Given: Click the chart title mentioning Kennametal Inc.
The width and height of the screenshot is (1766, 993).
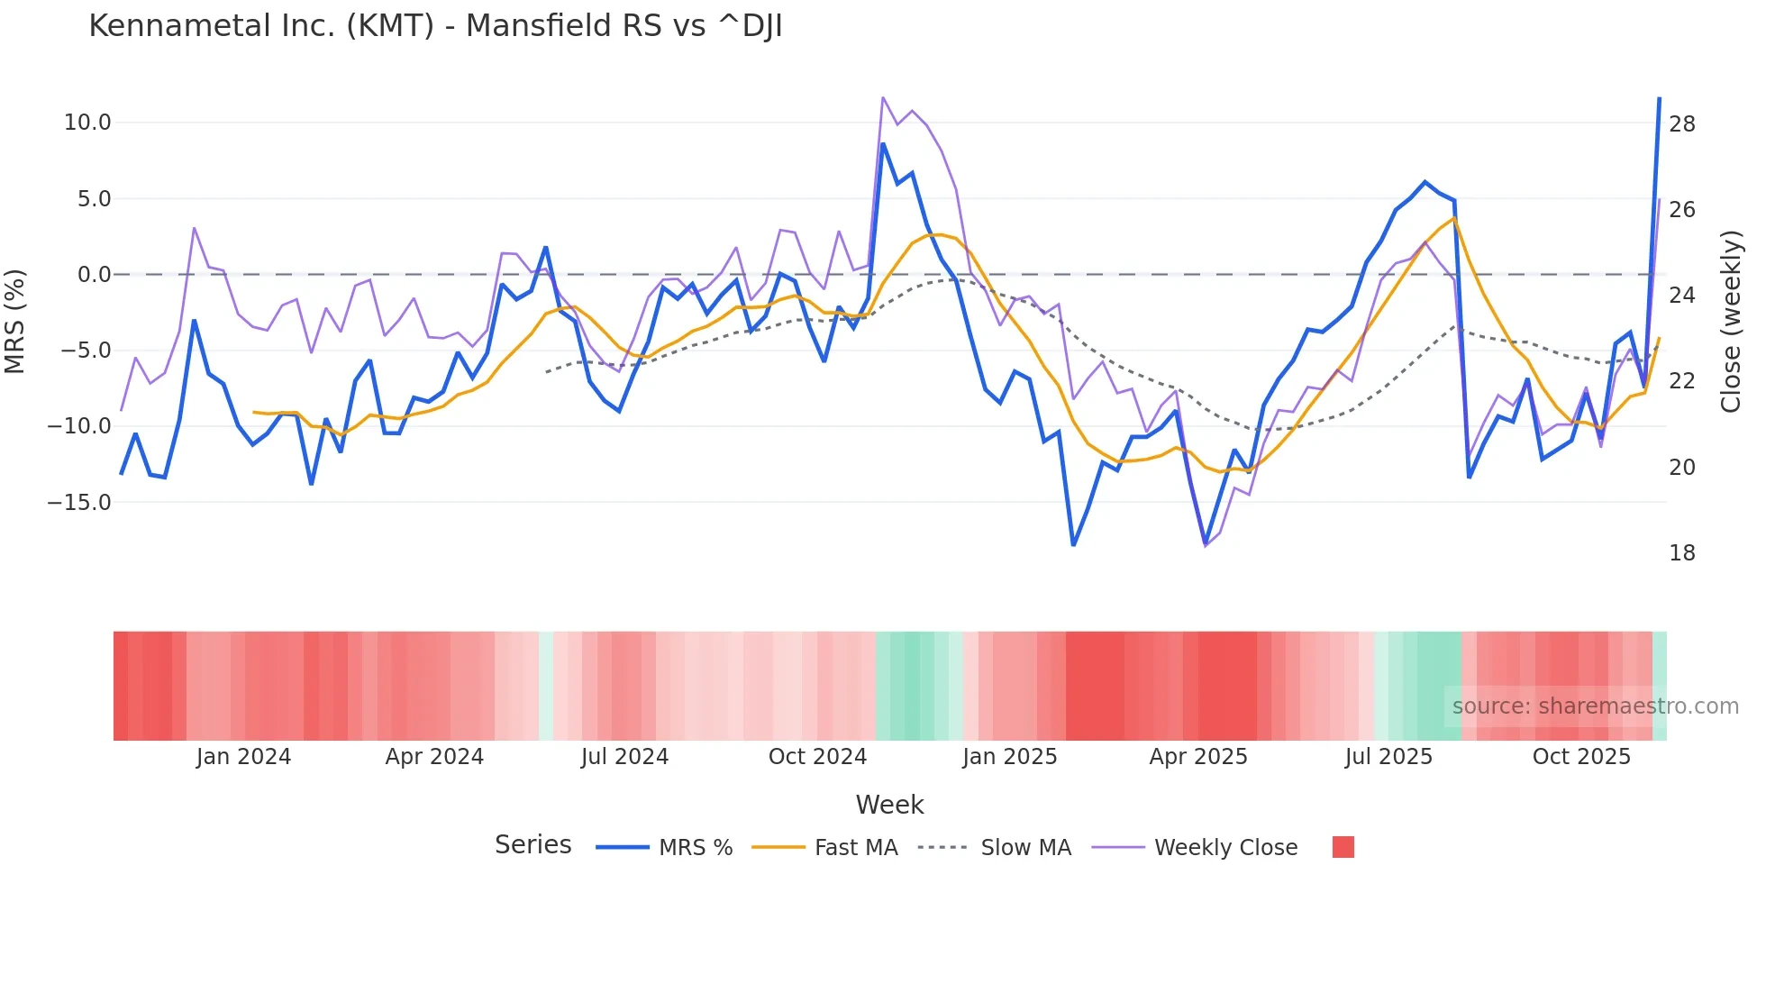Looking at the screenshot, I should coord(435,26).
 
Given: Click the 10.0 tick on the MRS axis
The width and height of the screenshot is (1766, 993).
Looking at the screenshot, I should coord(87,123).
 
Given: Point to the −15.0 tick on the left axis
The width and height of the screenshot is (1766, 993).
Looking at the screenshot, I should coord(79,503).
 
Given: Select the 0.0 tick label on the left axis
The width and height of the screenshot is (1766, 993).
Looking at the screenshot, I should coord(94,275).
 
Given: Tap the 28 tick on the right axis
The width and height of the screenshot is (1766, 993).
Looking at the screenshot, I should coord(1682,124).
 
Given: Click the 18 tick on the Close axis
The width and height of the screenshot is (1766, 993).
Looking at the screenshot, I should coord(1682,553).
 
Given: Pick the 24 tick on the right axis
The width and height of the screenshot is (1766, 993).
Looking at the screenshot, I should coord(1682,296).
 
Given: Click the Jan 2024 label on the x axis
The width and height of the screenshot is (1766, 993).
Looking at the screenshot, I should coord(243,757).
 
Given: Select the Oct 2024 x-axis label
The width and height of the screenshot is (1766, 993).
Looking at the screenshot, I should coord(817,757).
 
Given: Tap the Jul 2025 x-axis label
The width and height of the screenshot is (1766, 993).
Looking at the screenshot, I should coord(1388,757).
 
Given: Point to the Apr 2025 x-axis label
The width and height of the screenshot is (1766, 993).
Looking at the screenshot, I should coord(1198,757).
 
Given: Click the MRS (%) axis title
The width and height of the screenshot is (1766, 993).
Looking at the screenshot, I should coord(15,321).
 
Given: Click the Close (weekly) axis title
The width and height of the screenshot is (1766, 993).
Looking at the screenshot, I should coord(1731,322).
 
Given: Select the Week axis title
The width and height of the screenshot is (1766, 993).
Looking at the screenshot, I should coord(889,805).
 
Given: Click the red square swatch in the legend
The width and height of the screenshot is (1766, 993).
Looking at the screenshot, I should coord(1343,847).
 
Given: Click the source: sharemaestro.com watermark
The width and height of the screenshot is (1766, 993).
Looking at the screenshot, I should coord(1595,706).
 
